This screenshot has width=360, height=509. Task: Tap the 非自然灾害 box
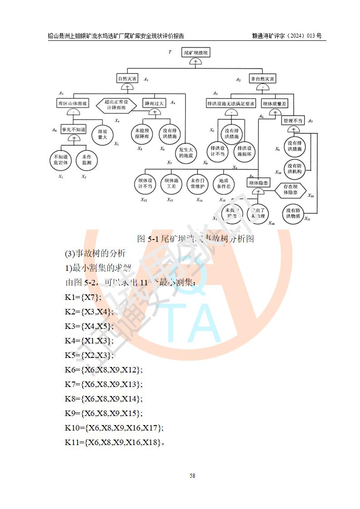pyautogui.click(x=262, y=78)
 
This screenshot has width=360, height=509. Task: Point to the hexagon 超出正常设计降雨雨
pyautogui.click(x=117, y=105)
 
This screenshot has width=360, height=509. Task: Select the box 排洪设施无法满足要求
pyautogui.click(x=231, y=103)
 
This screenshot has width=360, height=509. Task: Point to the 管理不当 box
pyautogui.click(x=293, y=121)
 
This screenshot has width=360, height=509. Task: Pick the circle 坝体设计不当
pyautogui.click(x=148, y=184)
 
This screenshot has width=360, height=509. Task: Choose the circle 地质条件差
pyautogui.click(x=224, y=184)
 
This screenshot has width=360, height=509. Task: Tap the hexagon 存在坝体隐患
pyautogui.click(x=291, y=190)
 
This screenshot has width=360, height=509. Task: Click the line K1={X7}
pyautogui.click(x=83, y=297)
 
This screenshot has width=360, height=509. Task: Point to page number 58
pyautogui.click(x=192, y=476)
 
